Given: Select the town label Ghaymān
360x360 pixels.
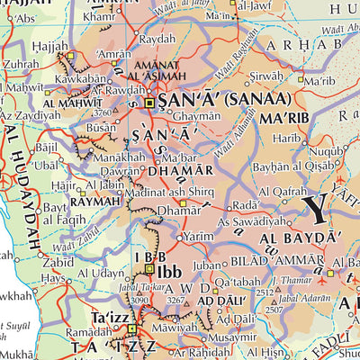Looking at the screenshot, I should coord(195,117).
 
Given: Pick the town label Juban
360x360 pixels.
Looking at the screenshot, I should coord(207,265).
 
